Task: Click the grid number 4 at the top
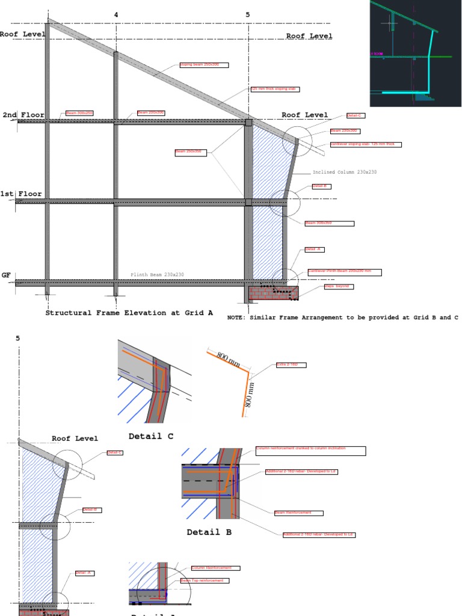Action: click(116, 14)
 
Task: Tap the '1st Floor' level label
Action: click(21, 194)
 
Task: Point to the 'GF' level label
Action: click(6, 275)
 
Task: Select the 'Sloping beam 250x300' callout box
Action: click(203, 65)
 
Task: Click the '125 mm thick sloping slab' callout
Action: click(274, 89)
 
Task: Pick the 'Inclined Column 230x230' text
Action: click(343, 172)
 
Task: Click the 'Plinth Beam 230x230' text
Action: click(157, 275)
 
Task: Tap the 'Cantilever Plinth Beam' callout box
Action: click(343, 272)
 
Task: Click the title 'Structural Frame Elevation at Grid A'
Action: click(129, 313)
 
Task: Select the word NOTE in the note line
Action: click(238, 317)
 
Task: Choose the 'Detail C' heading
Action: click(150, 436)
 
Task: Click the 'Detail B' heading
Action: click(209, 532)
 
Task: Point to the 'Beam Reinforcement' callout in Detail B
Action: click(298, 513)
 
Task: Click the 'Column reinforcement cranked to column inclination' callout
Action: click(310, 450)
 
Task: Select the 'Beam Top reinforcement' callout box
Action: click(205, 581)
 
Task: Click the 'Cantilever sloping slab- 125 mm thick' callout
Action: click(366, 144)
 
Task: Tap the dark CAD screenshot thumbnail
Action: click(415, 53)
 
